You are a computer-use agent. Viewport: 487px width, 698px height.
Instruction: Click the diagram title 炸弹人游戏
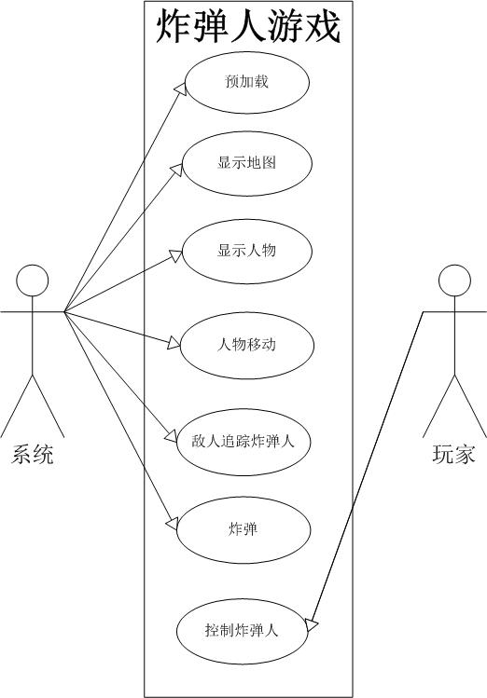[248, 26]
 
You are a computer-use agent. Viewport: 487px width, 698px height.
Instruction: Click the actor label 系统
[32, 455]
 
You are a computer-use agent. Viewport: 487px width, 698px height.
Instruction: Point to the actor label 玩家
[454, 455]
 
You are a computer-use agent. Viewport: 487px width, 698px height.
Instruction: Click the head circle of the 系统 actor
[32, 281]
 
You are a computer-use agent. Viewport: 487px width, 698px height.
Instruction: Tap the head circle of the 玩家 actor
[454, 281]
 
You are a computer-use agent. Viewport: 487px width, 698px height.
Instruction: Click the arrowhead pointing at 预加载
[180, 89]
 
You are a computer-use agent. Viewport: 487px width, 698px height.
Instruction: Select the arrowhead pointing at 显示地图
[177, 170]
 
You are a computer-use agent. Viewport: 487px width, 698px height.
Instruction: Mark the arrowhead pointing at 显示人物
[175, 255]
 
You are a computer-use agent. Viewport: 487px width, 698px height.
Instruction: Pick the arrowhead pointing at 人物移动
[174, 344]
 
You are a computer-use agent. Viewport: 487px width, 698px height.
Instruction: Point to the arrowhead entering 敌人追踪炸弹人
[171, 436]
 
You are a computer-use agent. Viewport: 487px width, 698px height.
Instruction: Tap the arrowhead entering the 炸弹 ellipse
[172, 524]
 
